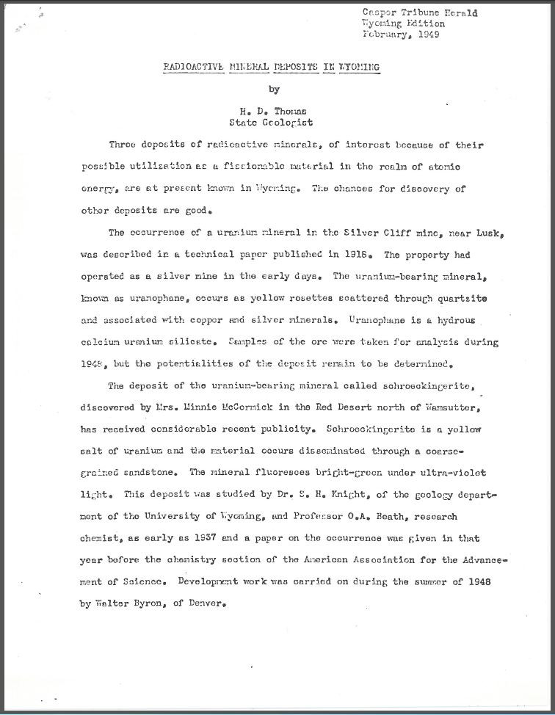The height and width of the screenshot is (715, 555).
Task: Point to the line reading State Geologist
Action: [272, 123]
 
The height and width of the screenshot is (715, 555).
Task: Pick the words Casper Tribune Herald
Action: [420, 12]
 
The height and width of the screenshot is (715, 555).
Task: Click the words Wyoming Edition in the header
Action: [403, 23]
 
